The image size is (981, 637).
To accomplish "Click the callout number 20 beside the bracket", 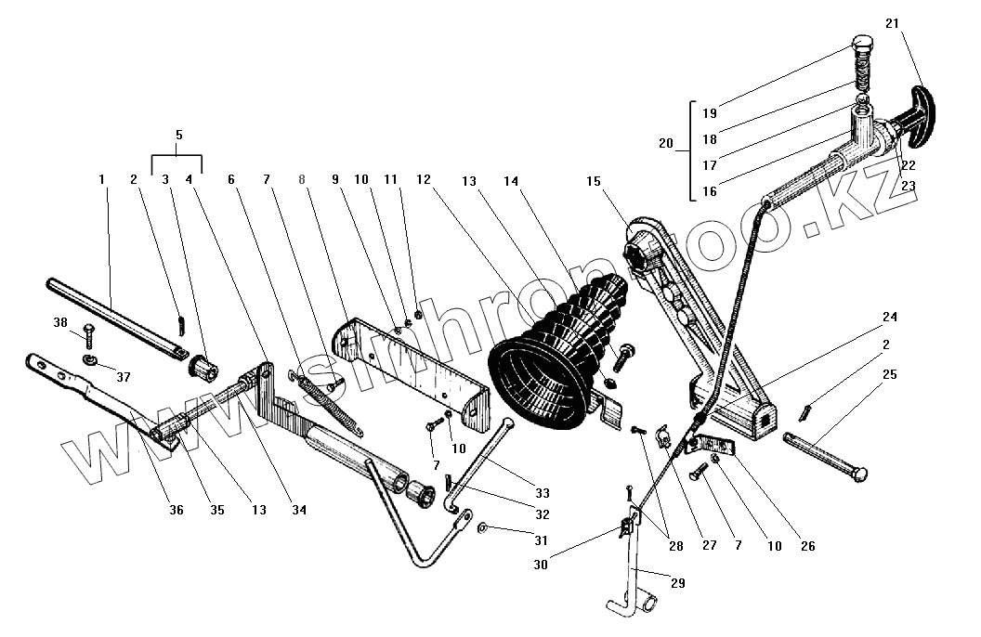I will (x=664, y=145).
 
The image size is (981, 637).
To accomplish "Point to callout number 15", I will (x=594, y=181).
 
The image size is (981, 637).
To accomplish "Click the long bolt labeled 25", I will (x=826, y=455).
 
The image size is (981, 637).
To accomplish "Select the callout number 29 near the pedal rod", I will (x=677, y=582).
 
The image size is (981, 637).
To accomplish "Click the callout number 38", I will (x=60, y=324).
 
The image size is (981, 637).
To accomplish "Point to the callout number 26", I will (x=807, y=547).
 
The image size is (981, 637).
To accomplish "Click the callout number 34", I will (x=299, y=510).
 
